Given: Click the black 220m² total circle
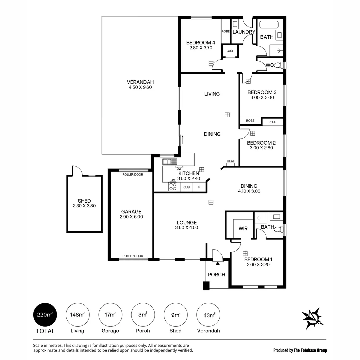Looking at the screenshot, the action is pos(45,315).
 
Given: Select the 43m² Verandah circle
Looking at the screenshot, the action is pos(208,315).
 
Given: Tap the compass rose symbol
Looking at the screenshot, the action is pos(312,319).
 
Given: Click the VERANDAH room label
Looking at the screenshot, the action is pos(140,82).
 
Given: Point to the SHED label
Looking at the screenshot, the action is pos(84,201).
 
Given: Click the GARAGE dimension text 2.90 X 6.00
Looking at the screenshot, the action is pos(131,217).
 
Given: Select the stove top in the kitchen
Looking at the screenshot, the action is pos(173,186).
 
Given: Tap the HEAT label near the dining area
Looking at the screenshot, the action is pos(231,161).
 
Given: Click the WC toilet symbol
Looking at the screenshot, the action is pos(278,65).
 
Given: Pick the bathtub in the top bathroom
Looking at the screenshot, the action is pos(269,24).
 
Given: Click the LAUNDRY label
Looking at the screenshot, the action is pos(244,32).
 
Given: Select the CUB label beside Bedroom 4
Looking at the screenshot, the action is pos(230,51).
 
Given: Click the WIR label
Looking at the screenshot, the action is pos(243,228).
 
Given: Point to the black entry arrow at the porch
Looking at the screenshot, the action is pos(218,263).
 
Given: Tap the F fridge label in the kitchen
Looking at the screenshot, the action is pos(199,187).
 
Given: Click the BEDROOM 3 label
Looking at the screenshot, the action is pos(262,92).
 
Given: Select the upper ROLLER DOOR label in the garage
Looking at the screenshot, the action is pos(133,174).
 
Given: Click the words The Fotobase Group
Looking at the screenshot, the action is pos(310,350).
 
